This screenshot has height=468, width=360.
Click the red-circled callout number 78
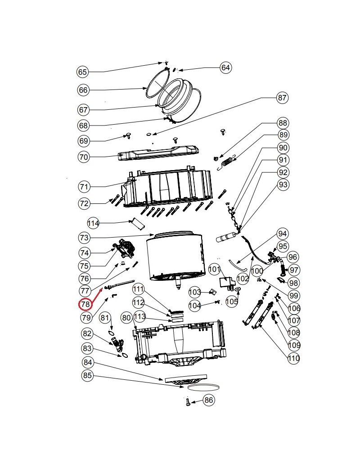[85, 304]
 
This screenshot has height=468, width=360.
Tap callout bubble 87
[282, 98]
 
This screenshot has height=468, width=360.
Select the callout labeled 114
[93, 223]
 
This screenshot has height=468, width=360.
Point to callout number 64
[225, 67]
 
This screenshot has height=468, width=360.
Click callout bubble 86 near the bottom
[209, 400]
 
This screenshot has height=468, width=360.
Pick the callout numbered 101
[214, 269]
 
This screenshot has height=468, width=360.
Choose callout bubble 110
[294, 358]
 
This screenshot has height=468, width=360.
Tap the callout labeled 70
[84, 157]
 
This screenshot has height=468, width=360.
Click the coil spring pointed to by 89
[227, 162]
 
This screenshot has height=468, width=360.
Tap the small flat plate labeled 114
[137, 224]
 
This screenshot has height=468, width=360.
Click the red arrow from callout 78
[96, 295]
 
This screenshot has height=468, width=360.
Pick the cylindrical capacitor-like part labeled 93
[226, 238]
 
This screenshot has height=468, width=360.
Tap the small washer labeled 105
[238, 289]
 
